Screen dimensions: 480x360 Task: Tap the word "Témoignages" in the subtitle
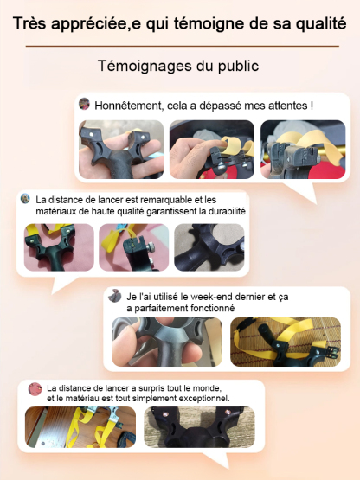140,66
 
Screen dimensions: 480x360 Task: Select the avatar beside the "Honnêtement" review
85,105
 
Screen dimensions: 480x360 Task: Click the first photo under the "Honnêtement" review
120,148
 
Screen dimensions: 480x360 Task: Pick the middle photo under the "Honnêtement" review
211,148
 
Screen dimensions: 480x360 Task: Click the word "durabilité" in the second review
218,211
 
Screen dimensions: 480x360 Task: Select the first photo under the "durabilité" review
57,248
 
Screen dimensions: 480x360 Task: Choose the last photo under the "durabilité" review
209,248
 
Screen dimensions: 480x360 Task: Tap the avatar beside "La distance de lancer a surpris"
35,389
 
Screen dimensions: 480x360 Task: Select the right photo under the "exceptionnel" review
198,430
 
